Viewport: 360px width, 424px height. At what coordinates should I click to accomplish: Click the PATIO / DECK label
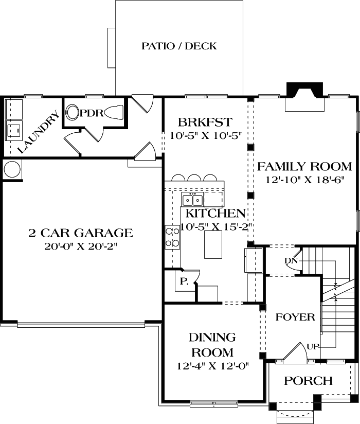[x=179, y=46]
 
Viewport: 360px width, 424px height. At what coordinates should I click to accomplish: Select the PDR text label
[x=91, y=112]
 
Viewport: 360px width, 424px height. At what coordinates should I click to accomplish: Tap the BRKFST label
[x=205, y=122]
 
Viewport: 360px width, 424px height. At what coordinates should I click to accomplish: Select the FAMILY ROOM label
[x=304, y=167]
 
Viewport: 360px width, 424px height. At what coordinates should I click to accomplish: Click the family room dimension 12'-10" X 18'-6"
[x=304, y=180]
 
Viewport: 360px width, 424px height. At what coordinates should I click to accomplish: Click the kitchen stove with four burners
[x=172, y=237]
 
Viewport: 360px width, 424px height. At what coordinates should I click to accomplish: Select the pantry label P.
[x=184, y=281]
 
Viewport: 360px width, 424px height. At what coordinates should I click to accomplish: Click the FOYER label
[x=295, y=317]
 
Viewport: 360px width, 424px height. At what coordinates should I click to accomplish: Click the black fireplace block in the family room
[x=305, y=90]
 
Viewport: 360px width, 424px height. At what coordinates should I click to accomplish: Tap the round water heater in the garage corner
[x=12, y=169]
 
